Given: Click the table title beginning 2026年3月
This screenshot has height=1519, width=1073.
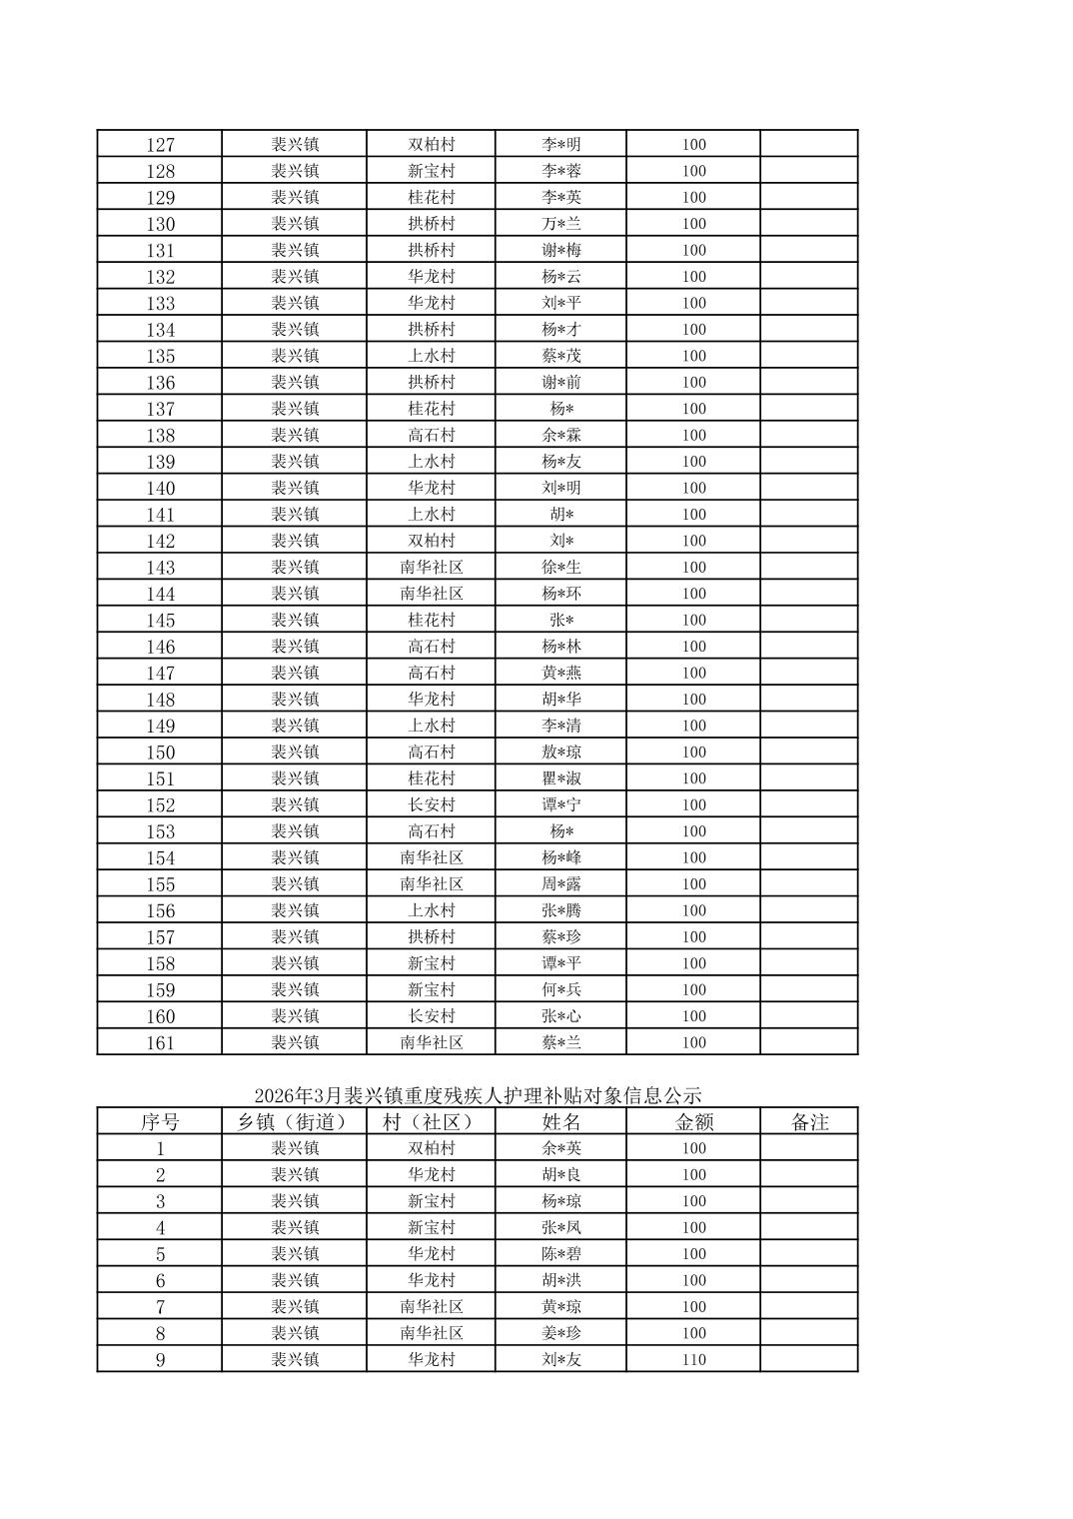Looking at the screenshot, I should click(x=478, y=1095).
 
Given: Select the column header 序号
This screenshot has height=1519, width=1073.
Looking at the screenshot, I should click(x=160, y=1122).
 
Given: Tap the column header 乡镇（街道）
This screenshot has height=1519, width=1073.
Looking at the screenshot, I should click(x=294, y=1122).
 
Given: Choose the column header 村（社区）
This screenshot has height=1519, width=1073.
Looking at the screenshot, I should click(x=431, y=1122).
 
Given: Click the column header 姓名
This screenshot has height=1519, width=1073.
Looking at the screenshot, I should click(x=560, y=1122).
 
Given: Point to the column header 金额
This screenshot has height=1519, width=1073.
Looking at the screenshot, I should click(x=693, y=1122).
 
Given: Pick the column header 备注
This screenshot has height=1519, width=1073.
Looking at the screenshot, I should click(x=809, y=1122).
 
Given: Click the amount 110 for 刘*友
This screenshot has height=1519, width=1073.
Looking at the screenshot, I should click(x=693, y=1359).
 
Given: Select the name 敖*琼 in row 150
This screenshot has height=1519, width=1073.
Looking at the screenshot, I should click(x=560, y=753).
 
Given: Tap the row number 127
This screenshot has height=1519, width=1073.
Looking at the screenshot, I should click(x=160, y=145).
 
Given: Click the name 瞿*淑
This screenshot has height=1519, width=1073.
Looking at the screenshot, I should click(x=560, y=778).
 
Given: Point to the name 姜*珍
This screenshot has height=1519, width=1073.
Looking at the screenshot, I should click(x=560, y=1333).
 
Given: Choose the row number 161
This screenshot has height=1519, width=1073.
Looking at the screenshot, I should click(x=160, y=1043).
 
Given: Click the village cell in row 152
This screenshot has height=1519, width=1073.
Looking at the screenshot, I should click(x=431, y=805).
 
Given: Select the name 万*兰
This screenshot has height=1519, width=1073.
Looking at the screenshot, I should click(x=560, y=224).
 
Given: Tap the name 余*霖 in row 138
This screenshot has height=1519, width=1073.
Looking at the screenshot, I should click(x=560, y=436).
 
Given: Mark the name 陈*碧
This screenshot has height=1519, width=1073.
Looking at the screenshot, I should click(x=560, y=1254).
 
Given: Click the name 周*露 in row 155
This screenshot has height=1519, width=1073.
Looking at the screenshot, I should click(x=560, y=884).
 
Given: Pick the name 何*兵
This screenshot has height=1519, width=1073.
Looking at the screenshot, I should click(x=560, y=990).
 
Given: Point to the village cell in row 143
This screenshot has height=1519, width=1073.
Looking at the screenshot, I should click(x=431, y=568).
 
